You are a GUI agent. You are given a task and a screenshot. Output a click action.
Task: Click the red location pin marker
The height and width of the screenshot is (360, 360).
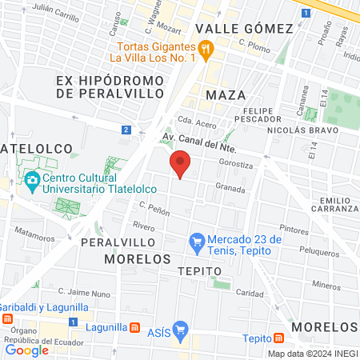coord(180,164)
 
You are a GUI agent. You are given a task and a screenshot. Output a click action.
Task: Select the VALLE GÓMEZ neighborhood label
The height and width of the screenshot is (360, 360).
coord(245,28)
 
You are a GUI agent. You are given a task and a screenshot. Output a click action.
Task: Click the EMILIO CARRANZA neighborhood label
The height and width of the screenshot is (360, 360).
coord(335,205)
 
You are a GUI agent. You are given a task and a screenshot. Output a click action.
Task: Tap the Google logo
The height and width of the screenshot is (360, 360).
coord(26,350)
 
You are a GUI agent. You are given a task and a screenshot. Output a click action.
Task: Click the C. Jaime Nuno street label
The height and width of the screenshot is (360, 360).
coord(83,294)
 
